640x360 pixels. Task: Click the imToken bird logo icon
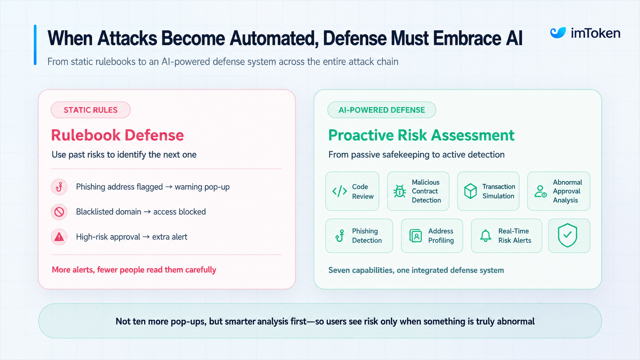[558, 33]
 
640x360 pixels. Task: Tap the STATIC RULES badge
[91, 110]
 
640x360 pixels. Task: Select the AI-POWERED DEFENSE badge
[382, 110]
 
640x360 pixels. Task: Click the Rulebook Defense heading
[118, 135]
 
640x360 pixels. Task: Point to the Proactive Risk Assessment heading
[421, 135]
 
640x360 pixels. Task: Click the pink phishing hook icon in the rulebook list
[59, 187]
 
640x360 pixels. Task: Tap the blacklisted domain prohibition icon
[59, 212]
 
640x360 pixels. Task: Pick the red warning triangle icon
[59, 237]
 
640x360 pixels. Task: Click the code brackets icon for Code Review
[340, 191]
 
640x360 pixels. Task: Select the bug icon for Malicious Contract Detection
[400, 191]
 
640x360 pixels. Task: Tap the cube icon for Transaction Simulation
[470, 191]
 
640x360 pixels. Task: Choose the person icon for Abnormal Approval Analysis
[540, 191]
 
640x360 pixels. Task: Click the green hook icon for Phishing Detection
[340, 236]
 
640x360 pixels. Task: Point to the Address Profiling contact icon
[415, 236]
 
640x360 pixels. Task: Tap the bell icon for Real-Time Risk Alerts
[485, 236]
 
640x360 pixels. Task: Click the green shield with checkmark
[567, 235]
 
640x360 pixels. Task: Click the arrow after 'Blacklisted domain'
[147, 212]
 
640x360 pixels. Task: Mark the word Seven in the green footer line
[338, 270]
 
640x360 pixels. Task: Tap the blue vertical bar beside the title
[35, 45]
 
